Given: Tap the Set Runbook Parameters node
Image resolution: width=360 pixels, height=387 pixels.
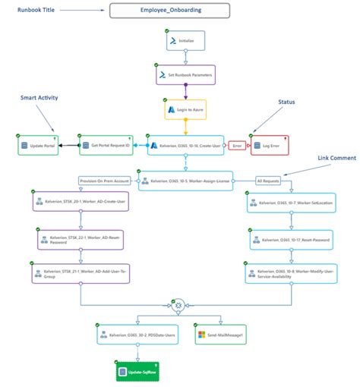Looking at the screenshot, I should [x=186, y=75].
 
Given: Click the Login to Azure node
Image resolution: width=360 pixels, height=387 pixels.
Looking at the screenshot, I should [x=186, y=110].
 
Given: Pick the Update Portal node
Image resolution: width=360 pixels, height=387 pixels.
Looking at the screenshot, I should [x=38, y=144].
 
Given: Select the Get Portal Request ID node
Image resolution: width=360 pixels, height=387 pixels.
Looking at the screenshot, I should [x=109, y=144].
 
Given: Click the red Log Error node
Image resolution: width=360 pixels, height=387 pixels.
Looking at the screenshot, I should [x=270, y=144].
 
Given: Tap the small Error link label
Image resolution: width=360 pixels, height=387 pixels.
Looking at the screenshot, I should [x=237, y=144].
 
